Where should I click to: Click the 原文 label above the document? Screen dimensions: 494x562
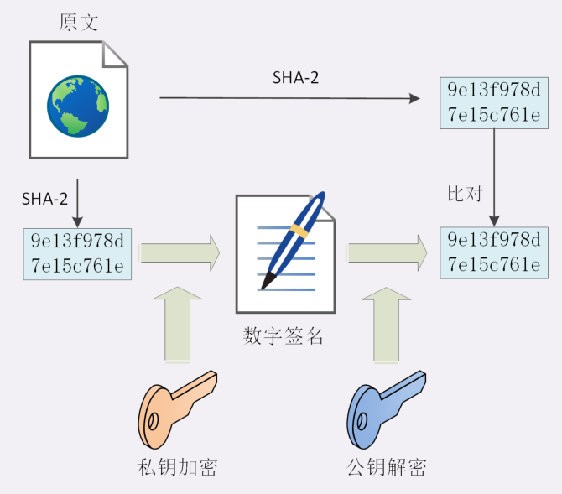click(79, 23)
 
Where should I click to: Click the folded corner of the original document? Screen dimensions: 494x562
click(116, 57)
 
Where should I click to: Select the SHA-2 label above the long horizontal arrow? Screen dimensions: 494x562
click(295, 77)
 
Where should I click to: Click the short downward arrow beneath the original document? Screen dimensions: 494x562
click(77, 202)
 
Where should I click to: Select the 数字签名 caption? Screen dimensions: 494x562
click(284, 337)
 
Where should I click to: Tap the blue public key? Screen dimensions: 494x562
click(386, 407)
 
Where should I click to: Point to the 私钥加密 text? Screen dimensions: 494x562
click(176, 466)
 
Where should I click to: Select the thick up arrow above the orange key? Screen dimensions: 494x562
click(179, 324)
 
